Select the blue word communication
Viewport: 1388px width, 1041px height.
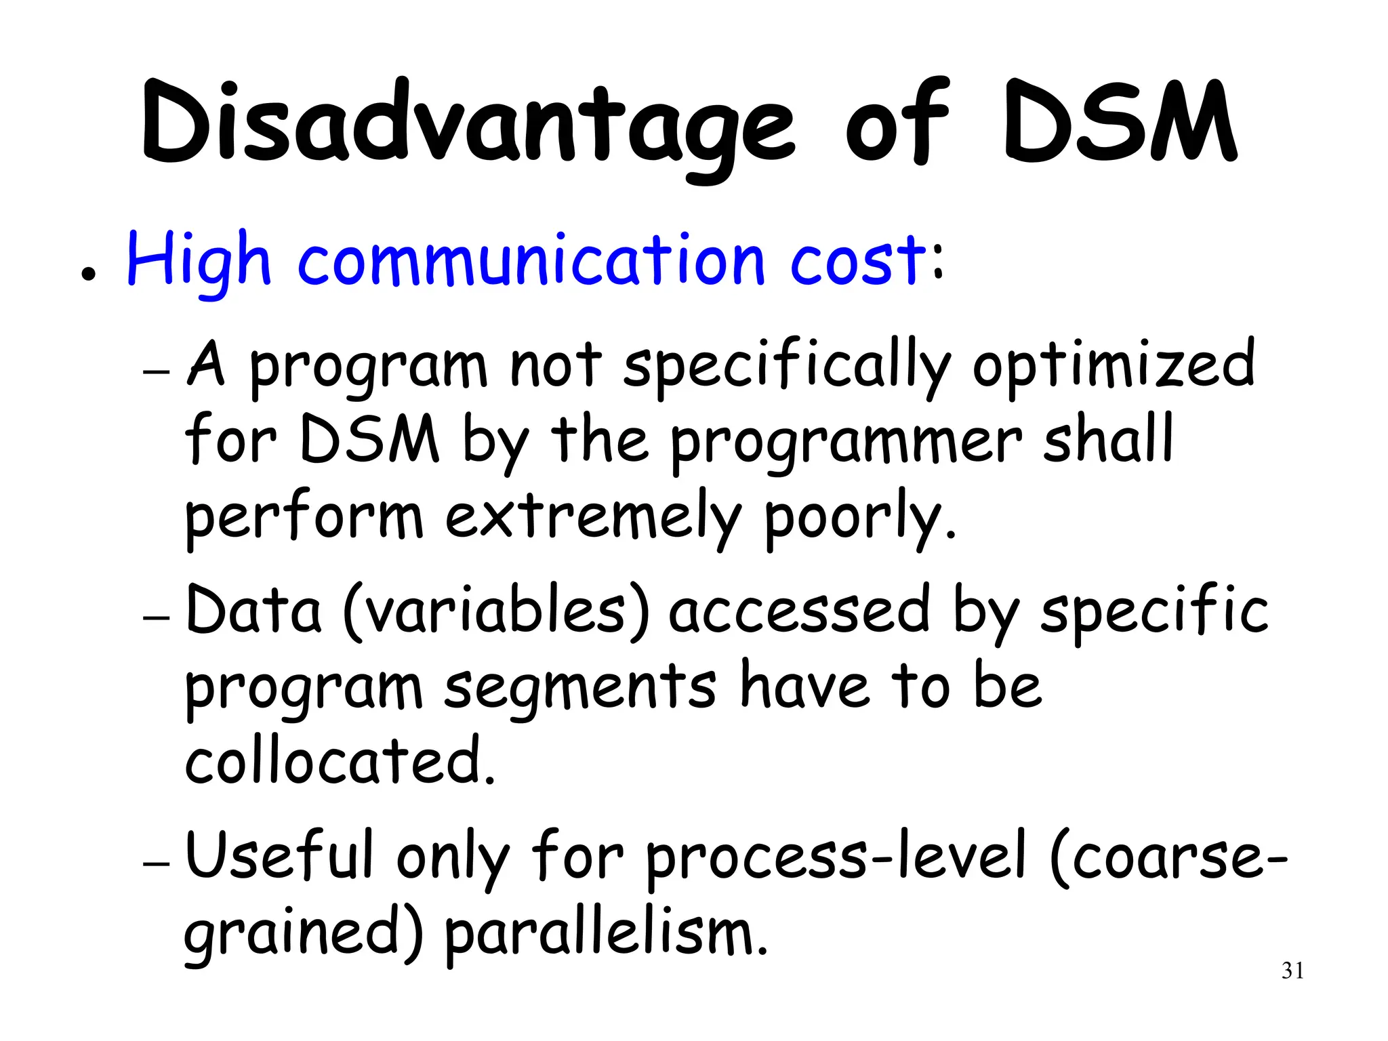[531, 261]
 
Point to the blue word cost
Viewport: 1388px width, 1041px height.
[857, 261]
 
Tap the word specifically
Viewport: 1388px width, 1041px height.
[787, 366]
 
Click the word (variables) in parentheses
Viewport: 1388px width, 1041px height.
[497, 612]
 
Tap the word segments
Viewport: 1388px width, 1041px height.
[580, 687]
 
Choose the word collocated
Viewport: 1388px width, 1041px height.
[339, 760]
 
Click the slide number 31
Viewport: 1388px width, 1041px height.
[1292, 971]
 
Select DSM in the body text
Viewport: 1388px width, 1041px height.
[369, 441]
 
